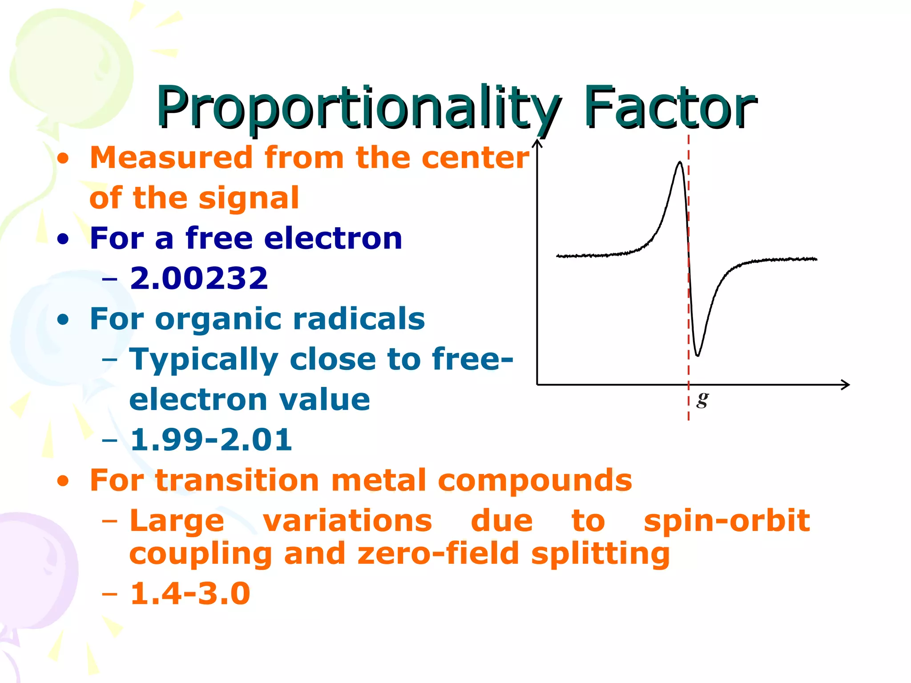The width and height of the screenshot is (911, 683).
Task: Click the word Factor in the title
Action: (669, 108)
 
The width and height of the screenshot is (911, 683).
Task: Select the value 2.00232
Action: (199, 278)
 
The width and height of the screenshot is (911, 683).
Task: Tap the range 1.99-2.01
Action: (211, 440)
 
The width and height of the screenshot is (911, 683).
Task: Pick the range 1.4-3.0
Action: (190, 593)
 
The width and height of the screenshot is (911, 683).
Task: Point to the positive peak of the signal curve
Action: (680, 163)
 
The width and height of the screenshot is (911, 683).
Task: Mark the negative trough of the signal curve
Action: (697, 355)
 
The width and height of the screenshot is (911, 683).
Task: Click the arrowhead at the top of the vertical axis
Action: (537, 143)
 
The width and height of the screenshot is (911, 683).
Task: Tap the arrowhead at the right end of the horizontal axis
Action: (846, 385)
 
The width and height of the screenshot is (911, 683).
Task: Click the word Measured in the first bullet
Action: (171, 158)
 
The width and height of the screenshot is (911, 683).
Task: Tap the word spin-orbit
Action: (727, 521)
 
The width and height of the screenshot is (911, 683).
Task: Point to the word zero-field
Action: (438, 554)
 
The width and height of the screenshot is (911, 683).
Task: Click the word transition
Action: (237, 480)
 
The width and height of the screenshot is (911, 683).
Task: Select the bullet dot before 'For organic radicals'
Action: (63, 320)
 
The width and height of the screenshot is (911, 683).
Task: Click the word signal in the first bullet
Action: (249, 198)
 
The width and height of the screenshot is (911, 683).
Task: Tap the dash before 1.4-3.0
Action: (109, 594)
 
